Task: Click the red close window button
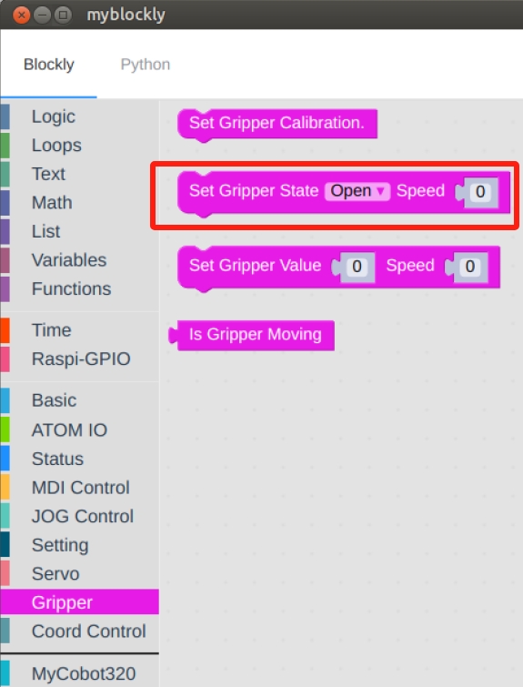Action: tap(21, 15)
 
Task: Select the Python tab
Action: tap(146, 65)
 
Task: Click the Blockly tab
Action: tap(48, 65)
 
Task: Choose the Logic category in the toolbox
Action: tap(54, 116)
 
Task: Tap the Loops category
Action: tap(56, 145)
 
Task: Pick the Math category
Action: tap(52, 202)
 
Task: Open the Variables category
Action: tap(69, 260)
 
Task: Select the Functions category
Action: tap(71, 288)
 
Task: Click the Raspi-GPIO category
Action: tap(81, 359)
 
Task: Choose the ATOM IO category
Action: tap(70, 429)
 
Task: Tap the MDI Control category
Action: tap(81, 487)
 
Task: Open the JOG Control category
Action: tap(83, 516)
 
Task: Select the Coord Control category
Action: tap(89, 631)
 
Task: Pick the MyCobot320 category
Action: tap(84, 673)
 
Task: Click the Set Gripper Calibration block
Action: tap(277, 124)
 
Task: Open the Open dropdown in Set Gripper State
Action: tap(357, 191)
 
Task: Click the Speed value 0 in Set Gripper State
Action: tap(480, 192)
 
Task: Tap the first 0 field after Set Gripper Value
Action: tap(357, 267)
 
